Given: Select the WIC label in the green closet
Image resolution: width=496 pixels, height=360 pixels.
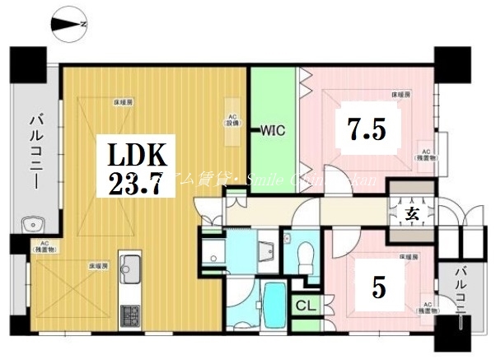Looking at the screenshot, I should (273, 130).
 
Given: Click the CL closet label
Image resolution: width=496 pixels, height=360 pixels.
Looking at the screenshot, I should (305, 306).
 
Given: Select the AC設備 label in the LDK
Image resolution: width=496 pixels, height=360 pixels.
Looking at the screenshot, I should (233, 120).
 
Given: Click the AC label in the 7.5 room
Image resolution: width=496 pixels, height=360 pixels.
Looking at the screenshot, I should (428, 153).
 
